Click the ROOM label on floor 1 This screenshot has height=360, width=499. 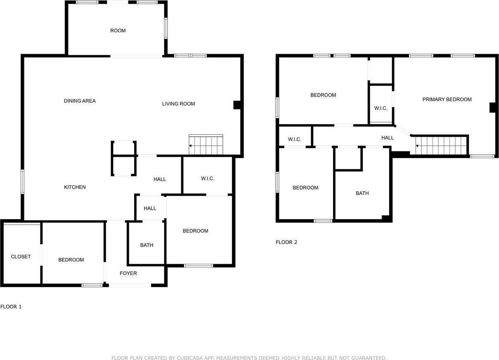point(118,31)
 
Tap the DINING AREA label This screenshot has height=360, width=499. point(80,101)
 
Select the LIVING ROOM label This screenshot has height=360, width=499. point(178,104)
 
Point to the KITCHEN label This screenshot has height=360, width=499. point(75,187)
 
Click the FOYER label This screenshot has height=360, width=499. point(128,273)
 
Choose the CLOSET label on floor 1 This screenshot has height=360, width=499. point(21,256)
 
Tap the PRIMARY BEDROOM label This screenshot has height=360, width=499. point(447,99)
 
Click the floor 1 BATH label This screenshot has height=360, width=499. point(147,245)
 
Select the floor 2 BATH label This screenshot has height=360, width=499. point(362,193)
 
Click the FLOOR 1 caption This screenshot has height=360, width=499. point(11,307)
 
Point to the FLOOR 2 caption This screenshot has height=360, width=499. point(286,242)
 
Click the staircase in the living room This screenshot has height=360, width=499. point(206,145)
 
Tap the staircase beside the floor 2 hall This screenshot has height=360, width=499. point(441,145)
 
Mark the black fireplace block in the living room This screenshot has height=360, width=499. point(237,105)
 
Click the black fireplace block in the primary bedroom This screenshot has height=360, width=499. point(492,107)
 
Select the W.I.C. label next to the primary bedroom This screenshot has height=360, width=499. point(381,108)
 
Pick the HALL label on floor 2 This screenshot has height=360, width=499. point(387,138)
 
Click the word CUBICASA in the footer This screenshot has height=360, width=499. point(193,358)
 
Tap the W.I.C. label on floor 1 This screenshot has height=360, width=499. point(207,179)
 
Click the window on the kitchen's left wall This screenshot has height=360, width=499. point(23,181)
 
